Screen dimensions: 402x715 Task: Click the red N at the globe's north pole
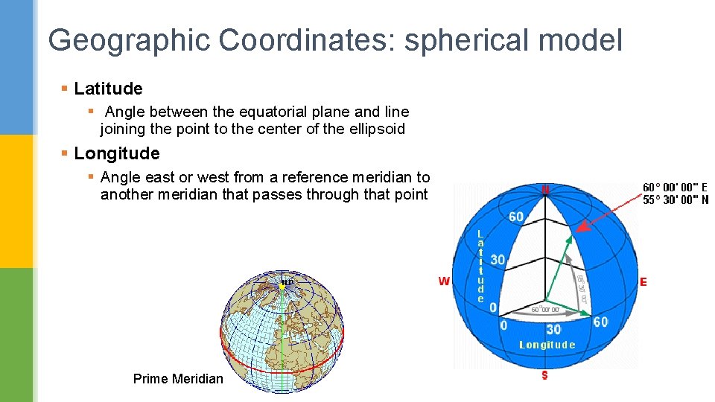click(546, 190)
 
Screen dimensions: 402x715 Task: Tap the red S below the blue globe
click(544, 375)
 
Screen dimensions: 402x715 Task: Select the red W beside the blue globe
click(444, 281)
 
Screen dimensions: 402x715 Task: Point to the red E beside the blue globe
click(643, 282)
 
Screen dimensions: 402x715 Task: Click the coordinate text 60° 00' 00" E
click(676, 188)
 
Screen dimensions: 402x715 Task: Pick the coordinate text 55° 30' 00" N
click(676, 200)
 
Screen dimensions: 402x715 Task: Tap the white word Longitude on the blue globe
click(547, 345)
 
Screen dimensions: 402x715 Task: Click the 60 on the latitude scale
click(516, 217)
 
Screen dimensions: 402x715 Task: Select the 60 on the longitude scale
click(600, 322)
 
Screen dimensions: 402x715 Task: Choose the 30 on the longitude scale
click(553, 328)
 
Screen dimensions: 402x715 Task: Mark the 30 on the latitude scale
click(498, 261)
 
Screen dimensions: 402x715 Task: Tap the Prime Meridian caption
click(178, 379)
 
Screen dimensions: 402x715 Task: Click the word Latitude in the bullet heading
click(108, 89)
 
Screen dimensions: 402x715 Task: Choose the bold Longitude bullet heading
click(117, 153)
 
